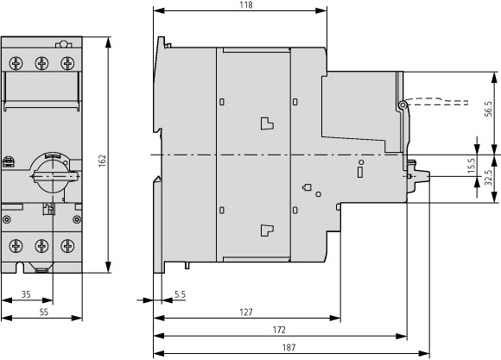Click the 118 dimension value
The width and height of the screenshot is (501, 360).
click(x=247, y=5)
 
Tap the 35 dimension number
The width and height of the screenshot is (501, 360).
click(x=26, y=294)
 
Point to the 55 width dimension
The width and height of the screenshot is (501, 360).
click(x=44, y=312)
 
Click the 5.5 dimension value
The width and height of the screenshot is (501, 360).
click(x=181, y=294)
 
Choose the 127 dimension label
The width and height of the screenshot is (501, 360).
click(x=246, y=312)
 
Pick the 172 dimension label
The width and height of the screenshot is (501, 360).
click(x=279, y=330)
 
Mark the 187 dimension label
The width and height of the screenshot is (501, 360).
click(x=289, y=348)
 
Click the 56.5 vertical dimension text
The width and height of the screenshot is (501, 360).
click(x=488, y=109)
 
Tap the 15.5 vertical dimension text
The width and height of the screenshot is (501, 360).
click(x=472, y=166)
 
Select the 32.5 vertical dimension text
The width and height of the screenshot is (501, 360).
click(x=488, y=178)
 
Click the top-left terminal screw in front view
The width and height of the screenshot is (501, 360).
click(x=16, y=63)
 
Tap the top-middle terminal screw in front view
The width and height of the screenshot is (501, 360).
click(x=41, y=63)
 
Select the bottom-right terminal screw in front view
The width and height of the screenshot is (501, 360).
click(x=67, y=246)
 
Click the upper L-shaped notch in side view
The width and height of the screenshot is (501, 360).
click(x=267, y=123)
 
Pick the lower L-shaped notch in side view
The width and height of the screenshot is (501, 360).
click(x=267, y=231)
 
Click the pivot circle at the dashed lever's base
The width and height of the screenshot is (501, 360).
click(x=403, y=104)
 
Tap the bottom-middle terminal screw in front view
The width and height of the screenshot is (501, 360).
click(x=41, y=246)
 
